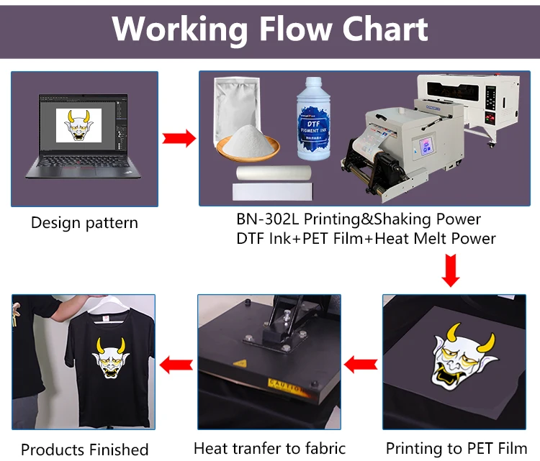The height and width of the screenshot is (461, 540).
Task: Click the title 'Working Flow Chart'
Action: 270,29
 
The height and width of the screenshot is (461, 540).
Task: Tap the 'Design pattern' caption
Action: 84,223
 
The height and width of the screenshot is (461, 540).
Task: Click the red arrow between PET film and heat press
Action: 361,365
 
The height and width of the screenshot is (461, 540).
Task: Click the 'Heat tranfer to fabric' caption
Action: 269,448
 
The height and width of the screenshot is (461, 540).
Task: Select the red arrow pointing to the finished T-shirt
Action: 175,365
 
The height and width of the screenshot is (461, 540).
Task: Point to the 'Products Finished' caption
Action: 84,450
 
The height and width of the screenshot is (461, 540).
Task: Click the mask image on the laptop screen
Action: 78,125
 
